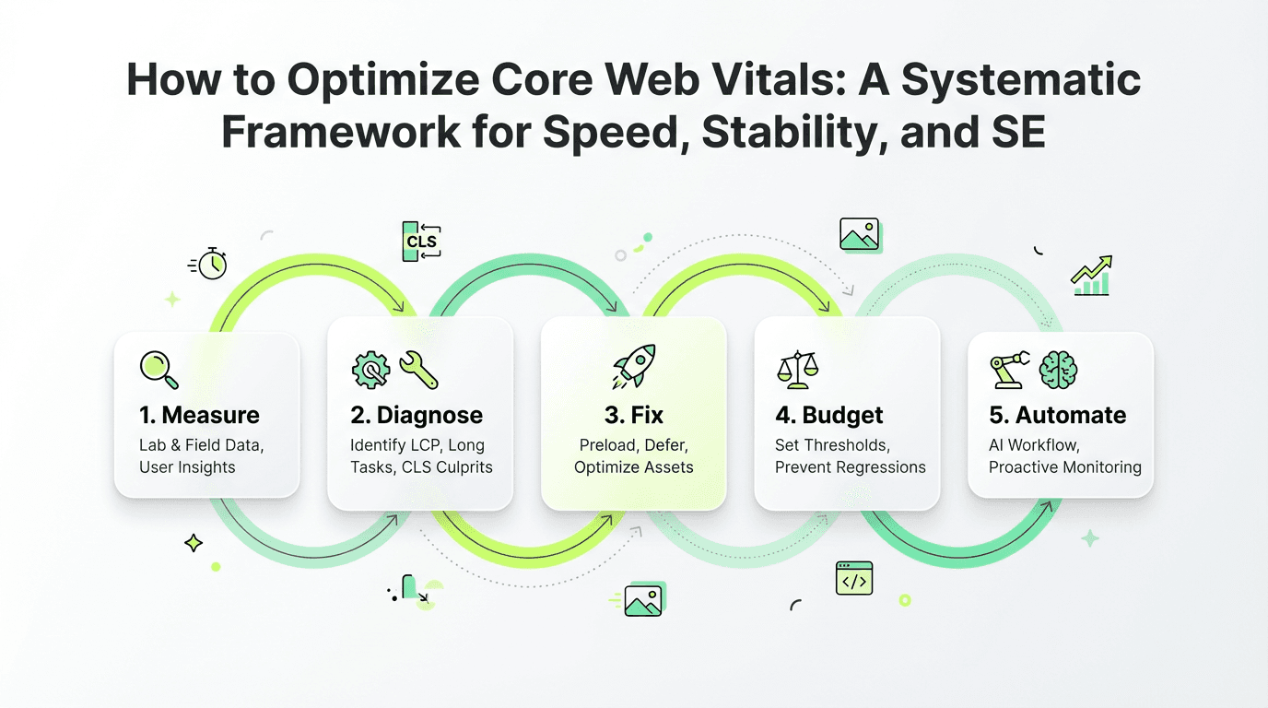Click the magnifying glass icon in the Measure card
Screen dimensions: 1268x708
tap(159, 370)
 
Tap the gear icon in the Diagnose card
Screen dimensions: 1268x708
tap(370, 370)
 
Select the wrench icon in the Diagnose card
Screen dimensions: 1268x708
tap(418, 370)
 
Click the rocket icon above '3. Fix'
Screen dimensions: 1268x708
tap(634, 366)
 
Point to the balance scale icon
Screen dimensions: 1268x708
tap(798, 370)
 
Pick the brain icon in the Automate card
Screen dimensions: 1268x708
tap(1058, 370)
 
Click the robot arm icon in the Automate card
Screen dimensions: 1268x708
tap(1010, 370)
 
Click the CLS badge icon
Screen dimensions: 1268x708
tap(421, 242)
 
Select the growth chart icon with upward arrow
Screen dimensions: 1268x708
tap(1092, 276)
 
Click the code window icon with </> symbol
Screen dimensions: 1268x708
tap(854, 578)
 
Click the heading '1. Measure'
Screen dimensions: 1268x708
tap(199, 415)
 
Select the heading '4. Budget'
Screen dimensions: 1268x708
tap(828, 415)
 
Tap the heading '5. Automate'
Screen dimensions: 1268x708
tap(1057, 415)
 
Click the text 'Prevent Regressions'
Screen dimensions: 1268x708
tap(851, 467)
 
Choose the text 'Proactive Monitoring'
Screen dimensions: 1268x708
tap(1064, 467)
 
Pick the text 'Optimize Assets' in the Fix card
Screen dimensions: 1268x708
tap(633, 467)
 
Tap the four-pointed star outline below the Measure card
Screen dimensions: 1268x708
tap(194, 543)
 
